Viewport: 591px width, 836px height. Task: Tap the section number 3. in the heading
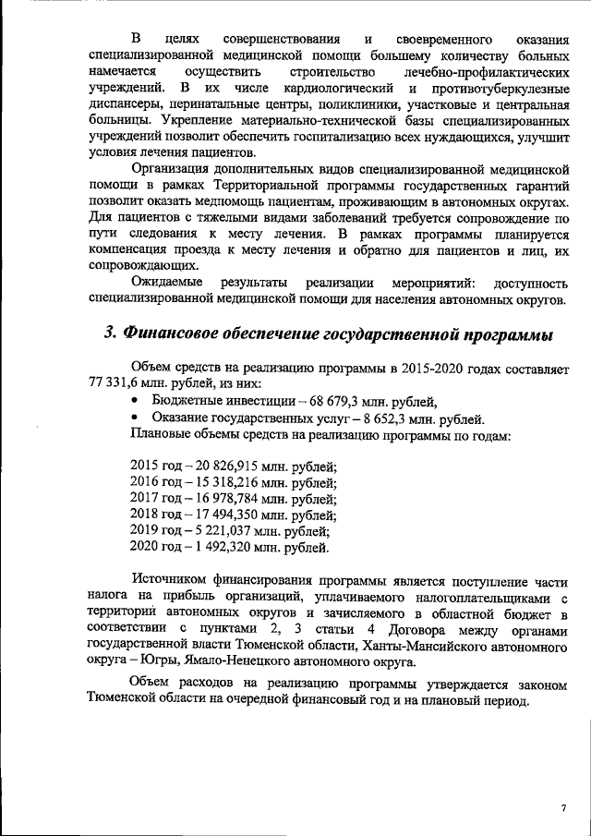113,333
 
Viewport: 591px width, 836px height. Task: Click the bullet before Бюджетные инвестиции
137,402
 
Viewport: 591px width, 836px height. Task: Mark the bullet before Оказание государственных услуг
137,418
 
